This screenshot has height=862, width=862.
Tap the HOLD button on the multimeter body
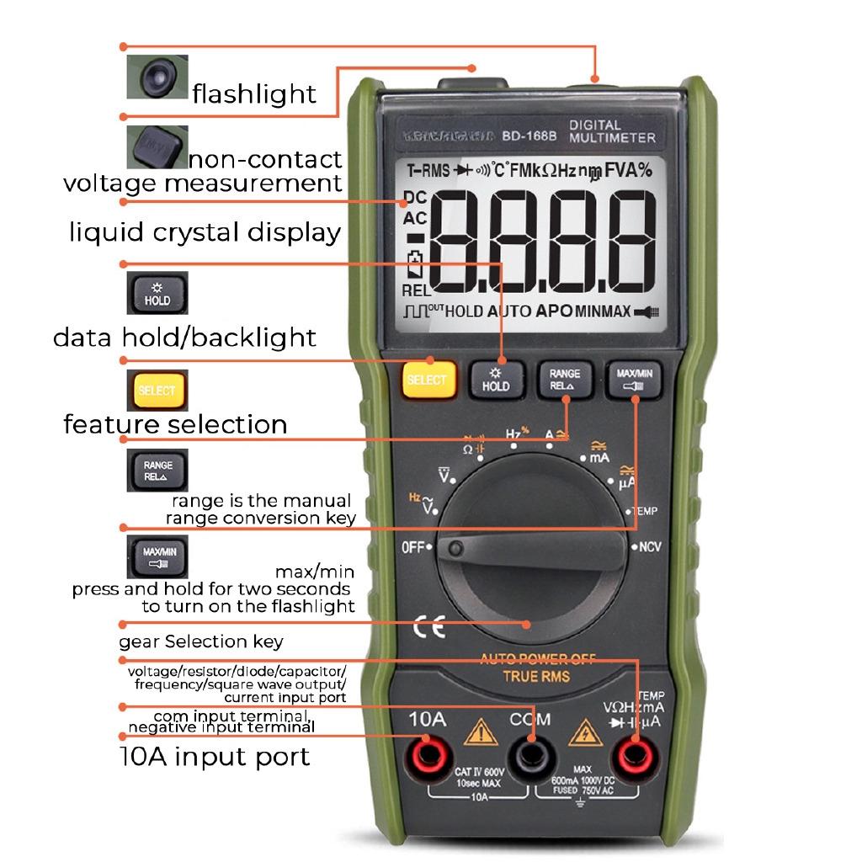pyautogui.click(x=496, y=379)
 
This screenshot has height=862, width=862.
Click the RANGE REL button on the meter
pyautogui.click(x=565, y=379)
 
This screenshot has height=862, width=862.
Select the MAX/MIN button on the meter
pyautogui.click(x=634, y=379)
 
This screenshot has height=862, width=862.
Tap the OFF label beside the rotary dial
pyautogui.click(x=413, y=547)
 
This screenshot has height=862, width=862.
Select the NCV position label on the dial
pyautogui.click(x=650, y=547)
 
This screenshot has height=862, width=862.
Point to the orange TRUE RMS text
pyautogui.click(x=536, y=676)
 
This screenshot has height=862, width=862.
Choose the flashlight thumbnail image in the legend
pyautogui.click(x=157, y=77)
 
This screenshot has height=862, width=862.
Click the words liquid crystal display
pyautogui.click(x=205, y=232)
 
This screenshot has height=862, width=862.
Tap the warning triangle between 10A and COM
pyautogui.click(x=480, y=732)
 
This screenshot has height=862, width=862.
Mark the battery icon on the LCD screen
pyautogui.click(x=414, y=265)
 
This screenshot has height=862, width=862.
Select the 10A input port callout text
pyautogui.click(x=213, y=756)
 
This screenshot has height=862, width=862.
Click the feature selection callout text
pyautogui.click(x=175, y=423)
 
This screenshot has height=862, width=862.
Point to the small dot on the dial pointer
pyautogui.click(x=456, y=550)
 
